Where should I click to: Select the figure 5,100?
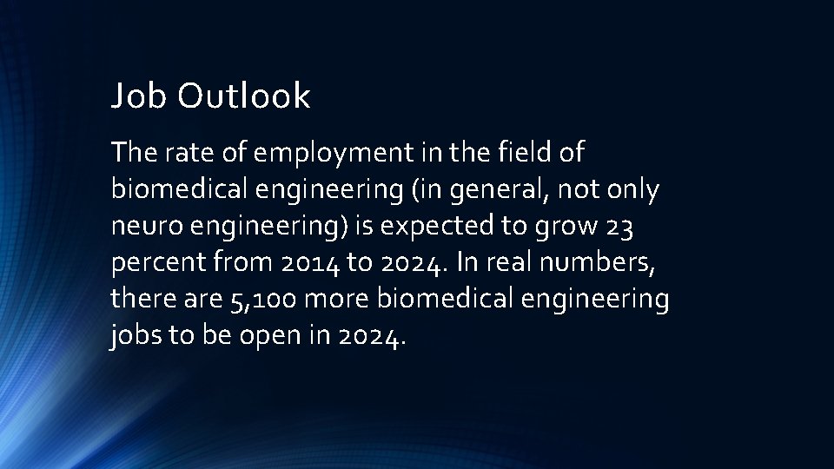pos(257,301)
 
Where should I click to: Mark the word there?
pos(142,301)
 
